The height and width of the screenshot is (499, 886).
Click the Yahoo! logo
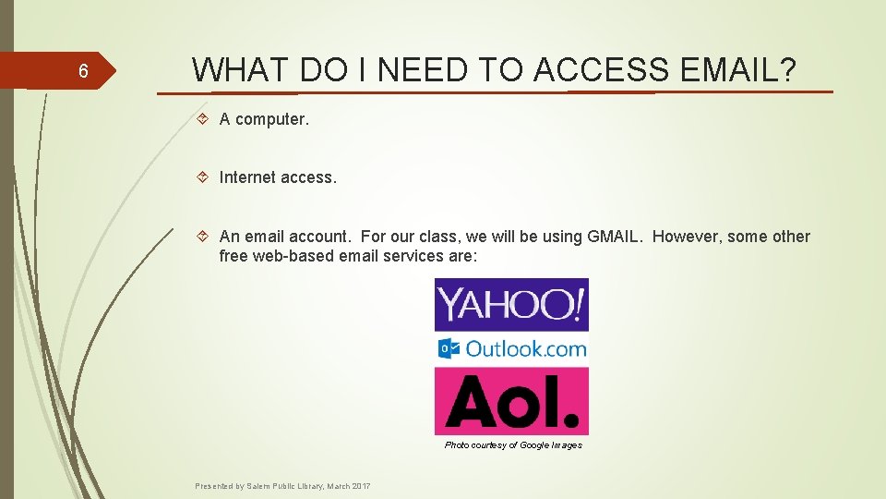511,304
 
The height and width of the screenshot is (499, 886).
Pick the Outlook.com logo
511,348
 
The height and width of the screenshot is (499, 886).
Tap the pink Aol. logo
511,400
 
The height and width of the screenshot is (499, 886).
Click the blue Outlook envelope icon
449,348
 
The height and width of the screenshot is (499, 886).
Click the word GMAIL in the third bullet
614,237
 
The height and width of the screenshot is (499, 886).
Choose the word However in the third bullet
687,237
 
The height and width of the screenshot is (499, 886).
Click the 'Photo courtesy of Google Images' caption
513,445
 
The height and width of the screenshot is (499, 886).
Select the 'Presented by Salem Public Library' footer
282,486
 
